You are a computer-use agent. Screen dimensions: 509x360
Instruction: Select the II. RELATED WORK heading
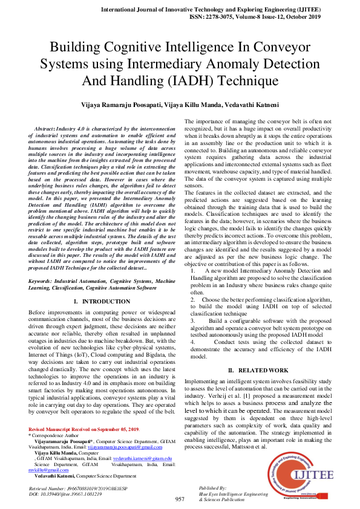pos(258,369)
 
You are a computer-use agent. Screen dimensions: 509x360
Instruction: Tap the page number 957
pos(180,499)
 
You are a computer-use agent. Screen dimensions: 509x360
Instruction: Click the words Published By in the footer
pos(212,487)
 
